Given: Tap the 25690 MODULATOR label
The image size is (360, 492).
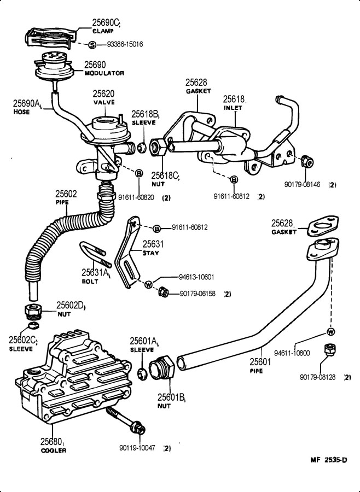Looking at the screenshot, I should tap(104, 68).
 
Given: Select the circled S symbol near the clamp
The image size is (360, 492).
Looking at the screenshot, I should tap(92, 44).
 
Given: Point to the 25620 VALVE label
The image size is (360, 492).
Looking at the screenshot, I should tap(103, 97).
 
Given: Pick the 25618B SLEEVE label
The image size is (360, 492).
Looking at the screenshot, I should tap(144, 118).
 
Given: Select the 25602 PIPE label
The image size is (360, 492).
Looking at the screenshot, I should tap(65, 197).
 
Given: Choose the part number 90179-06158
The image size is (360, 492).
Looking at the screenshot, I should tap(198, 294).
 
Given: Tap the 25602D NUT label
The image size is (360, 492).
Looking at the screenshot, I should tap(71, 309).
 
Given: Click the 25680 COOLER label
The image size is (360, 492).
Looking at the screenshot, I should tap(53, 445).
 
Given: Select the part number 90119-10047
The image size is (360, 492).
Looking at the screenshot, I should tap(137, 448).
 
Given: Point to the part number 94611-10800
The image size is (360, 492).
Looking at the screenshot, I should tap(292, 353).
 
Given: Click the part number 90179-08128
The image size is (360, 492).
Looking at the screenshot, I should tap(318, 377).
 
